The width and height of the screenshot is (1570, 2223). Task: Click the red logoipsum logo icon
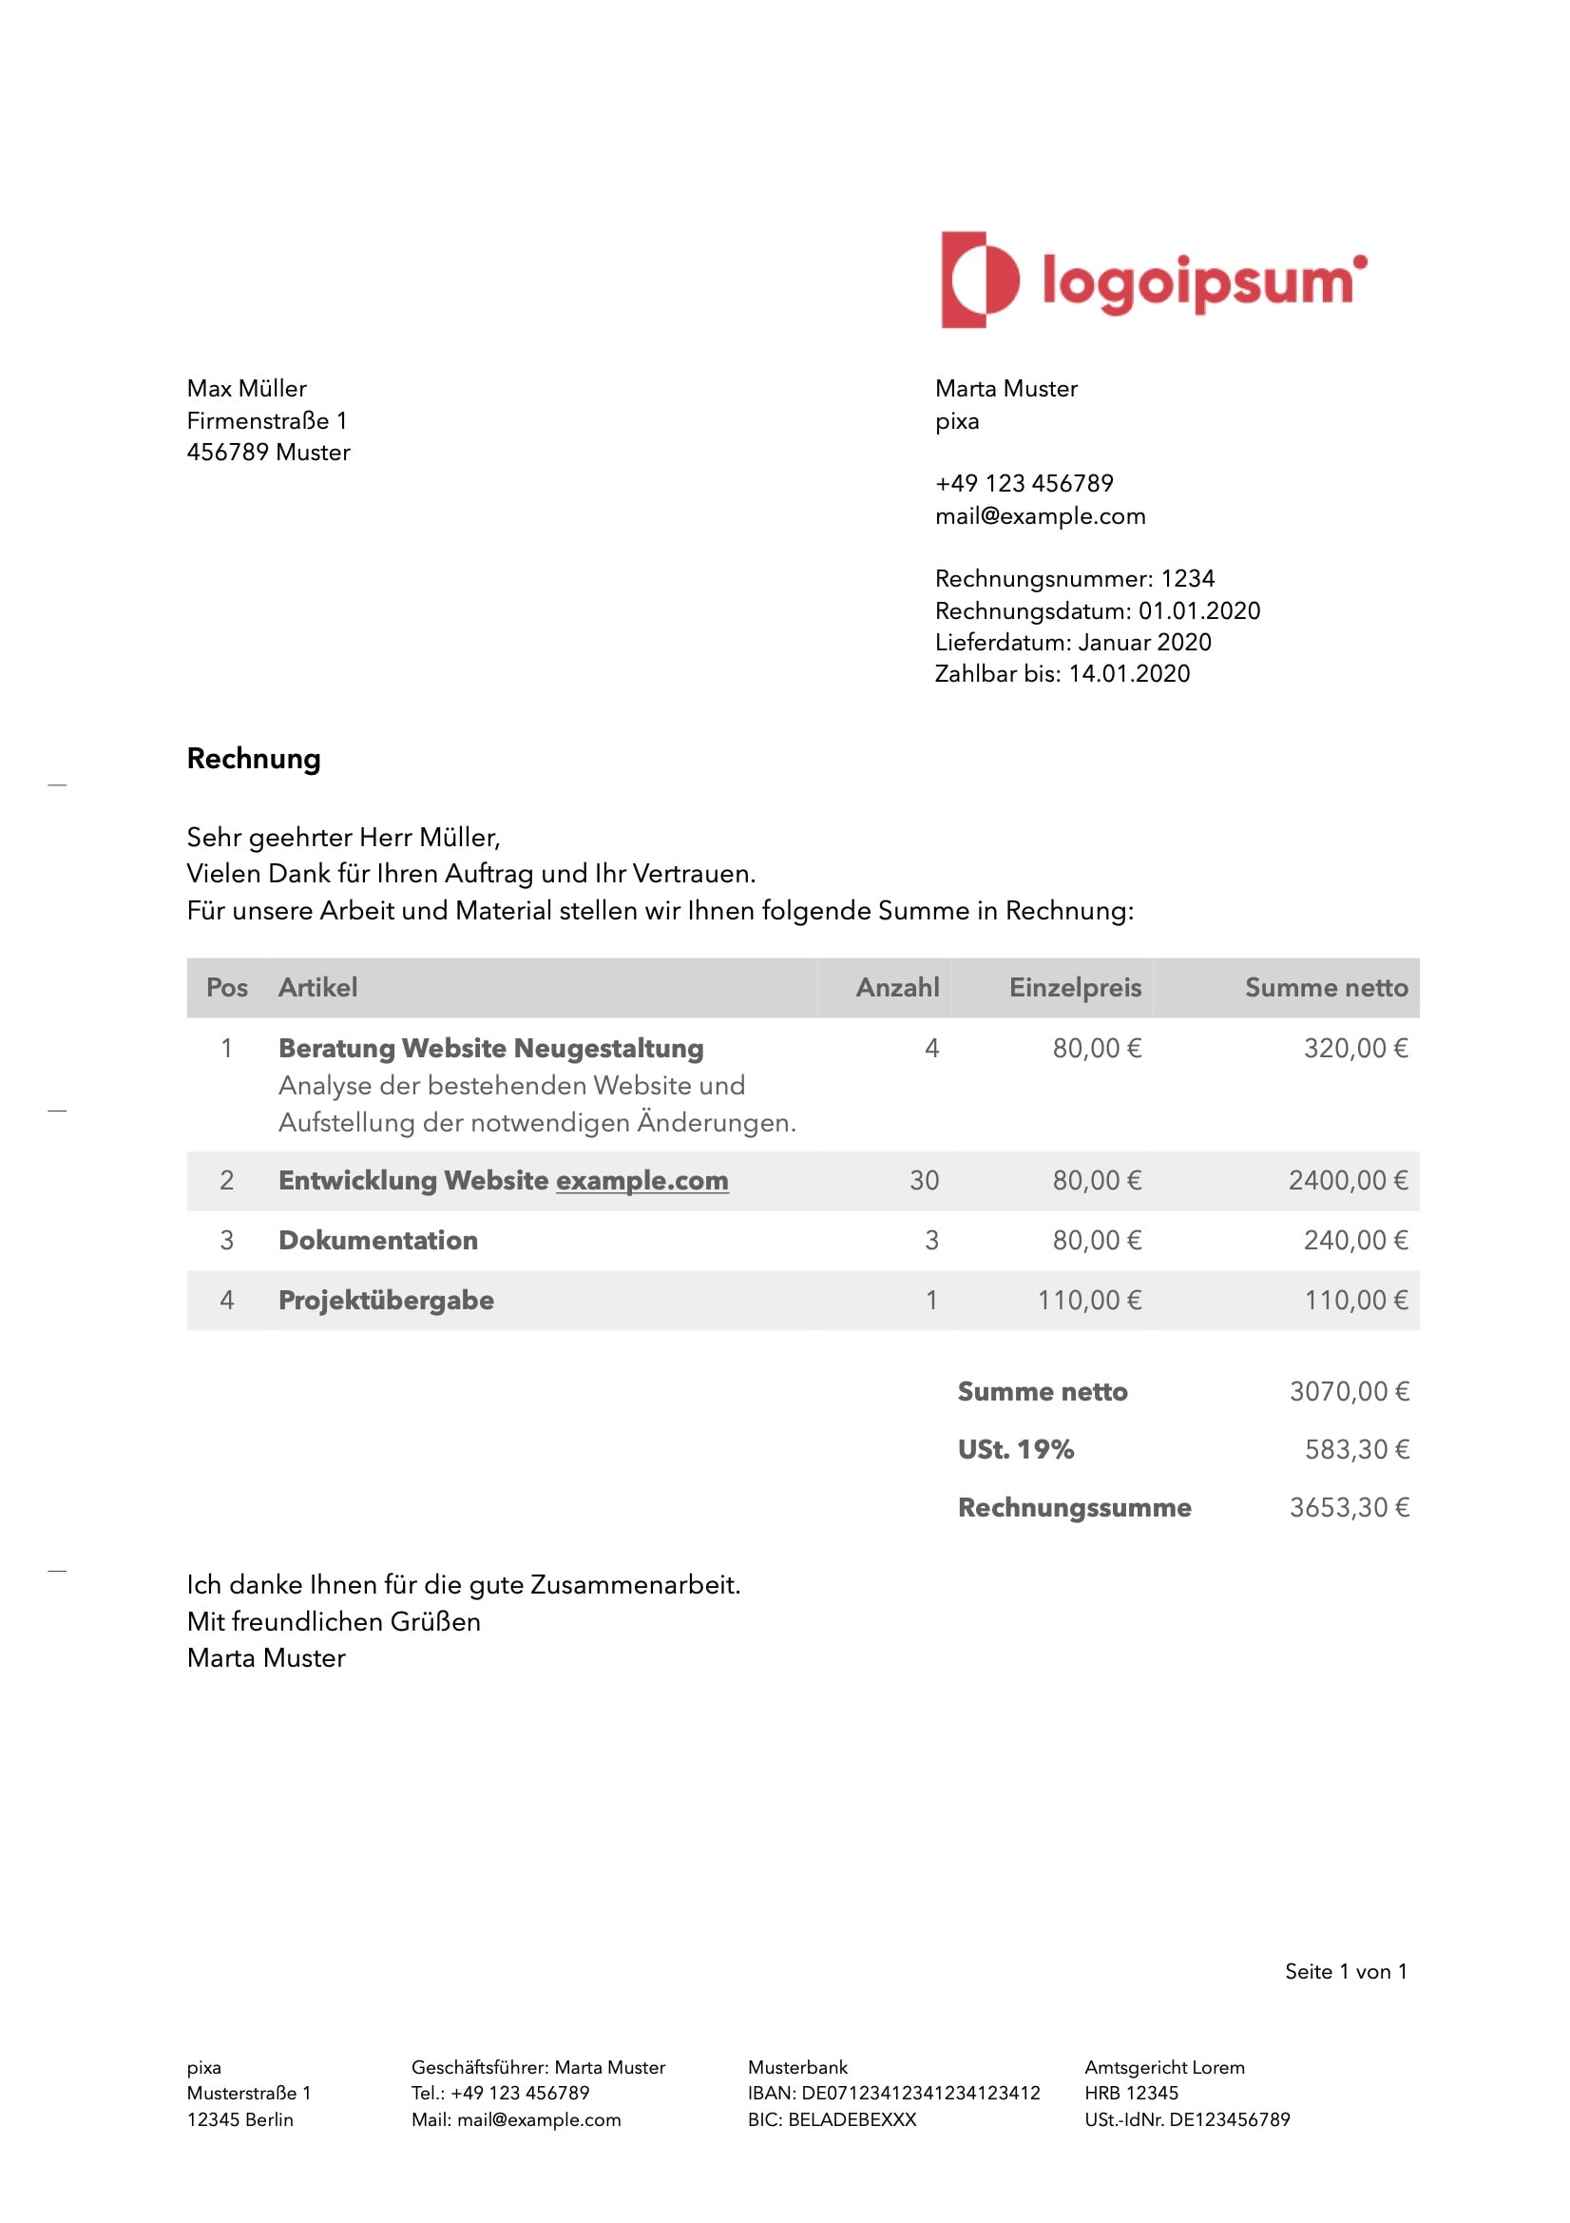pos(980,280)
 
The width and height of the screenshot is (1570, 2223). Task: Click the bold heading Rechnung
pos(254,758)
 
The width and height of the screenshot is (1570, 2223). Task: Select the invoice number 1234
pos(1187,579)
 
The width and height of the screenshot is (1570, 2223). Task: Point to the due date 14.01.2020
pos(1129,674)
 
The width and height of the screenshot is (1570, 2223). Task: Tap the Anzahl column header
pos(896,988)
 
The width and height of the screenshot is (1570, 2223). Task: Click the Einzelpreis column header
pos(1075,988)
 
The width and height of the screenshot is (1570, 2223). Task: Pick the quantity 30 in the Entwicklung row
pos(924,1180)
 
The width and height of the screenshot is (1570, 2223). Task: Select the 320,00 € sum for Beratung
pos(1355,1049)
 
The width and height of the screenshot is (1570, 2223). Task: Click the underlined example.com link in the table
pos(641,1180)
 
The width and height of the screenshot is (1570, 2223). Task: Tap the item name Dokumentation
pos(377,1240)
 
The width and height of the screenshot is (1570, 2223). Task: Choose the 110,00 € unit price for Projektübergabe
pos(1089,1301)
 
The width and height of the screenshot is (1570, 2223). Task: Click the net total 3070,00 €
pos(1349,1391)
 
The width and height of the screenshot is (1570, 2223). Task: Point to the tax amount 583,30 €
pos(1356,1449)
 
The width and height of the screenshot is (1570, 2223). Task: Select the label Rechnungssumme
pos(1075,1507)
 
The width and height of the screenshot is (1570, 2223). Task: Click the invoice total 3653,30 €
pos(1349,1507)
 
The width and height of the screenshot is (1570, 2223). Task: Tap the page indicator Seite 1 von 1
pos(1346,1971)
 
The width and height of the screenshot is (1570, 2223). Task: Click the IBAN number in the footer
pos(920,2094)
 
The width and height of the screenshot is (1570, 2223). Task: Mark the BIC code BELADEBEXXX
pos(852,2119)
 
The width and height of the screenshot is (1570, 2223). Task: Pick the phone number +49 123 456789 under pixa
pos(1024,483)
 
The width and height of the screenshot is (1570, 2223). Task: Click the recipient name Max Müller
pos(247,388)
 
